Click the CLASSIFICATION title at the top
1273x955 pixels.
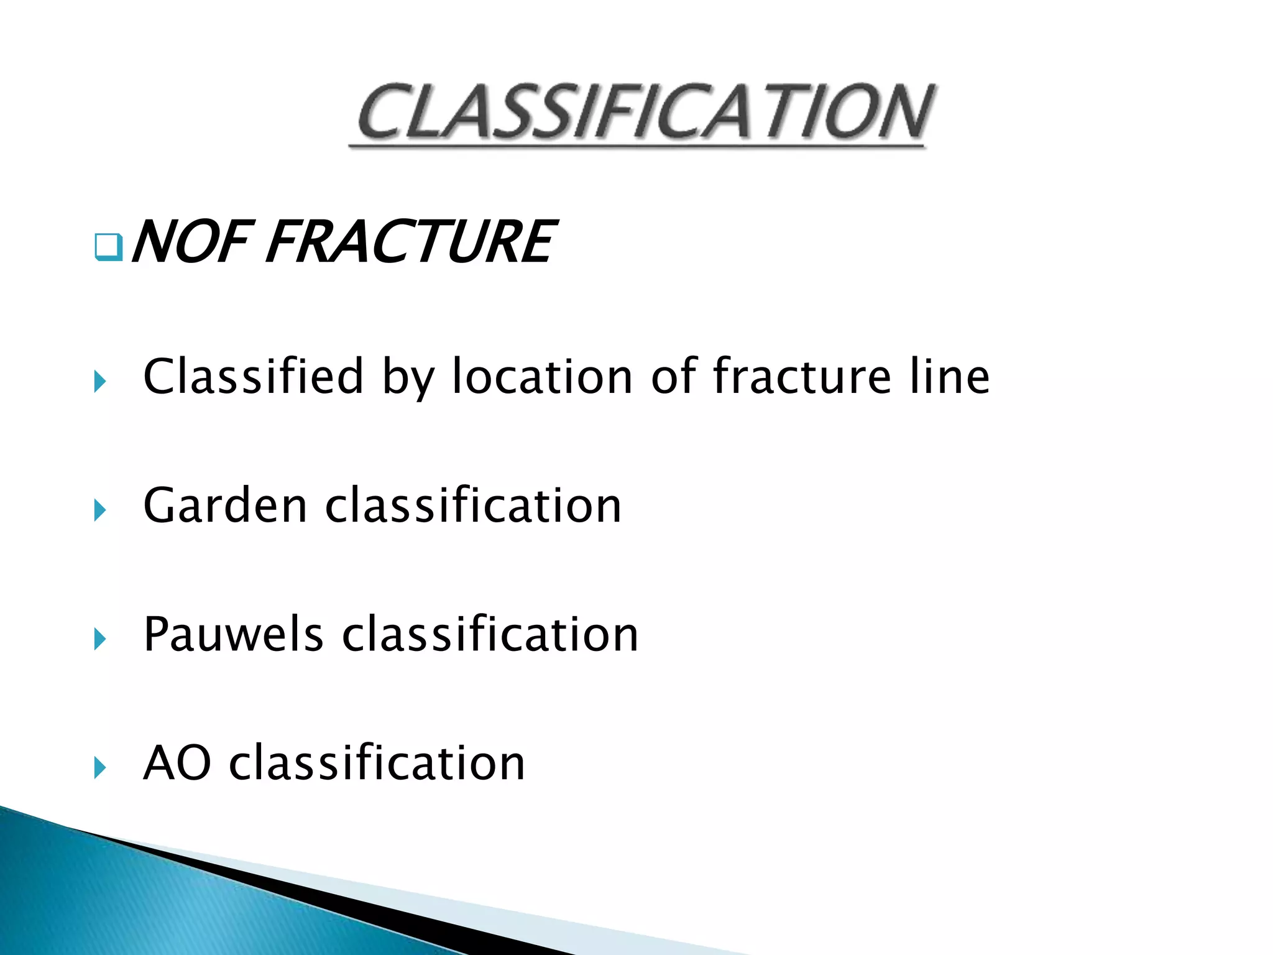click(643, 112)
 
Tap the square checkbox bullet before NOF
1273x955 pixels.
click(108, 247)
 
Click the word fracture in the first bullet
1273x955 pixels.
click(802, 377)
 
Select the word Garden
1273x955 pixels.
click(225, 505)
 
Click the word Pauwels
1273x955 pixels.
click(233, 634)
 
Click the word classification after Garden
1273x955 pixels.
click(473, 505)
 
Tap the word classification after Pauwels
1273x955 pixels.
click(490, 634)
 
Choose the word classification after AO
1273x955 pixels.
click(377, 763)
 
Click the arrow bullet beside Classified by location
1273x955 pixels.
click(100, 381)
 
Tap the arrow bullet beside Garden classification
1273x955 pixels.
click(100, 510)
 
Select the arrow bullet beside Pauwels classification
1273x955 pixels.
click(100, 639)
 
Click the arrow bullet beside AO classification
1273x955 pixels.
click(100, 767)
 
